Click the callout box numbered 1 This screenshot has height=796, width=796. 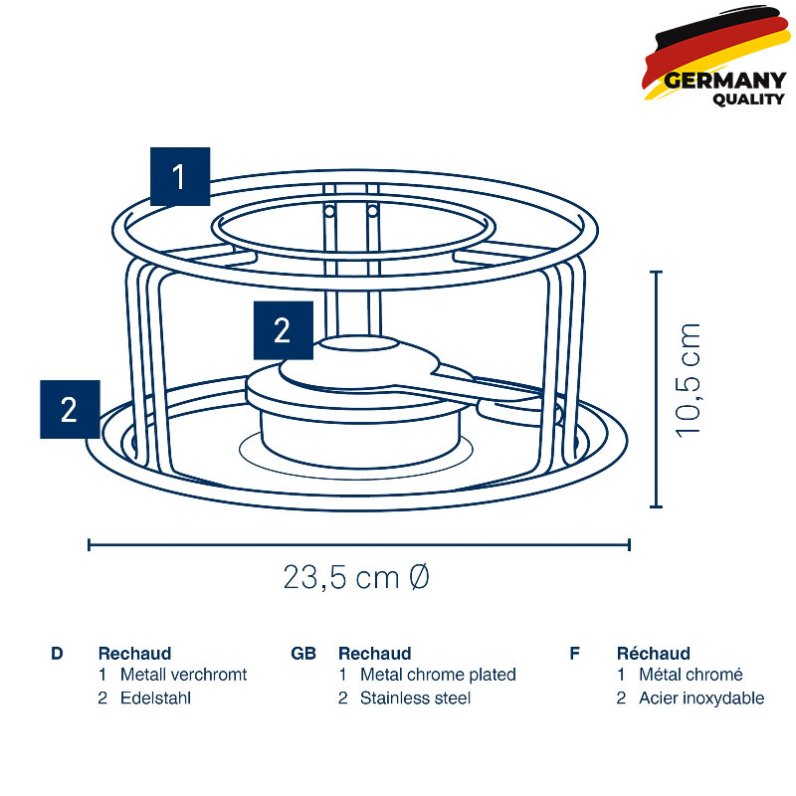click(180, 176)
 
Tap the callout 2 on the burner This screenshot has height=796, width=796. click(284, 330)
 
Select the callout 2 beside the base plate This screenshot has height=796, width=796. click(70, 409)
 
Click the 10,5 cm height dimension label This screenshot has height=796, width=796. click(688, 380)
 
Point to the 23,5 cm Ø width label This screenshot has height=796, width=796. click(356, 577)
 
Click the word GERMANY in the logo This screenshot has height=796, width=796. click(724, 81)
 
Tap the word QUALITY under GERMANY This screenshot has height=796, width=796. click(748, 99)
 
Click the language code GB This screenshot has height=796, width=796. click(303, 654)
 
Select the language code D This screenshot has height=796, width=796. click(57, 654)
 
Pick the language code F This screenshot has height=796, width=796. click(575, 654)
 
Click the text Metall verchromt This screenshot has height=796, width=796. click(183, 675)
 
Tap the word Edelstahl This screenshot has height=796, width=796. click(155, 698)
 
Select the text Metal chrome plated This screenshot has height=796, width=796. click(438, 675)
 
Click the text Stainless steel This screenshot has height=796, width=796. click(415, 698)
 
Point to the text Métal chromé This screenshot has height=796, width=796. click(691, 675)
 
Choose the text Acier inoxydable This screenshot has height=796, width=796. click(701, 698)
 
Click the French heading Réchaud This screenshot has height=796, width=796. click(654, 653)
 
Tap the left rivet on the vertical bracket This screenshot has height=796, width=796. click(329, 211)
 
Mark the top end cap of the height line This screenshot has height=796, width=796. click(657, 272)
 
